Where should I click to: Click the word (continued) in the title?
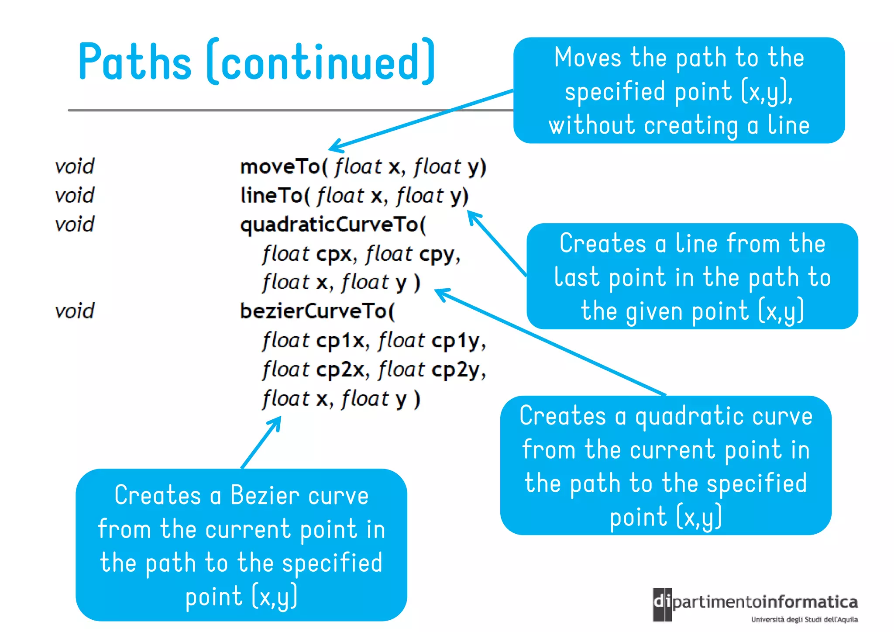[321, 62]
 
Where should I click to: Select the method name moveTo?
[280, 166]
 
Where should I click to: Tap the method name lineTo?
[272, 195]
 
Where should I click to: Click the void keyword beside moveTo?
[75, 166]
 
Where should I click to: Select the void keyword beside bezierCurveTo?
[75, 311]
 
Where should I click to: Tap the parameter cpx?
[334, 254]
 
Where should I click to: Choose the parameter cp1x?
[340, 340]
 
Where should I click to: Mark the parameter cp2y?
[456, 370]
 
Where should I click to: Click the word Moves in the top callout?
[588, 57]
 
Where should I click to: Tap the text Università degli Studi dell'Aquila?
[804, 619]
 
